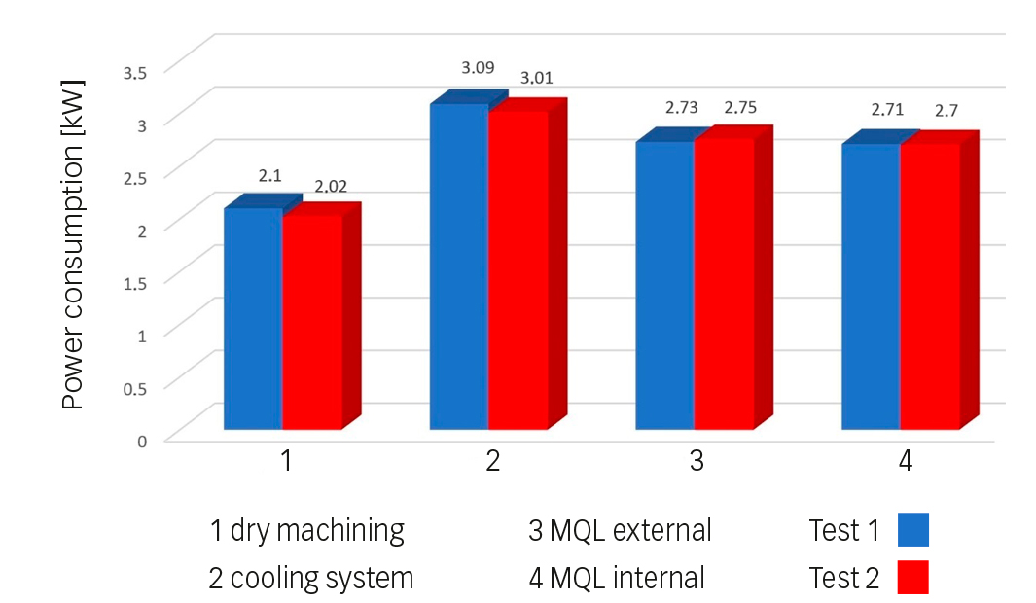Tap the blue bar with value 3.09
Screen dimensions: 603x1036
click(x=459, y=266)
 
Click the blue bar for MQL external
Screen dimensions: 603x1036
click(x=664, y=286)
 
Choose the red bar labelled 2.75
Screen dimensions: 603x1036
click(x=724, y=284)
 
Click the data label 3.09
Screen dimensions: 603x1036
click(x=478, y=68)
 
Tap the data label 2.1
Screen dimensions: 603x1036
click(x=269, y=176)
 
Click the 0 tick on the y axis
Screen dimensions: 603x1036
click(x=142, y=440)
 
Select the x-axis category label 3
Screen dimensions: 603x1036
click(x=697, y=461)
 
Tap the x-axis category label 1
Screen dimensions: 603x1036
click(x=286, y=461)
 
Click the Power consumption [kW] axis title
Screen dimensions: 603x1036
click(x=74, y=245)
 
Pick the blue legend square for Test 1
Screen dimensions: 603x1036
click(x=912, y=530)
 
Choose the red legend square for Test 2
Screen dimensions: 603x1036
click(x=912, y=577)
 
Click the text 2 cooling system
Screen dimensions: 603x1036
click(x=311, y=578)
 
